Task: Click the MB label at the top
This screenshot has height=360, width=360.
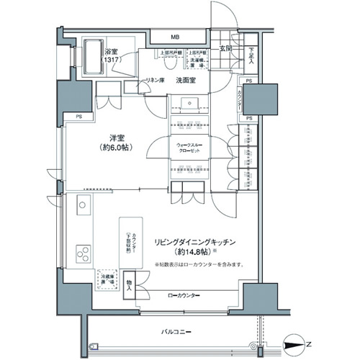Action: pyautogui.click(x=175, y=37)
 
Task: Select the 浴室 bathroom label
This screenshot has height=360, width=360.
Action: pyautogui.click(x=111, y=52)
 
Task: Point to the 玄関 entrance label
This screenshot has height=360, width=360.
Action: pyautogui.click(x=225, y=49)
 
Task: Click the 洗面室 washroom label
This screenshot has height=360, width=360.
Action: pyautogui.click(x=188, y=80)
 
